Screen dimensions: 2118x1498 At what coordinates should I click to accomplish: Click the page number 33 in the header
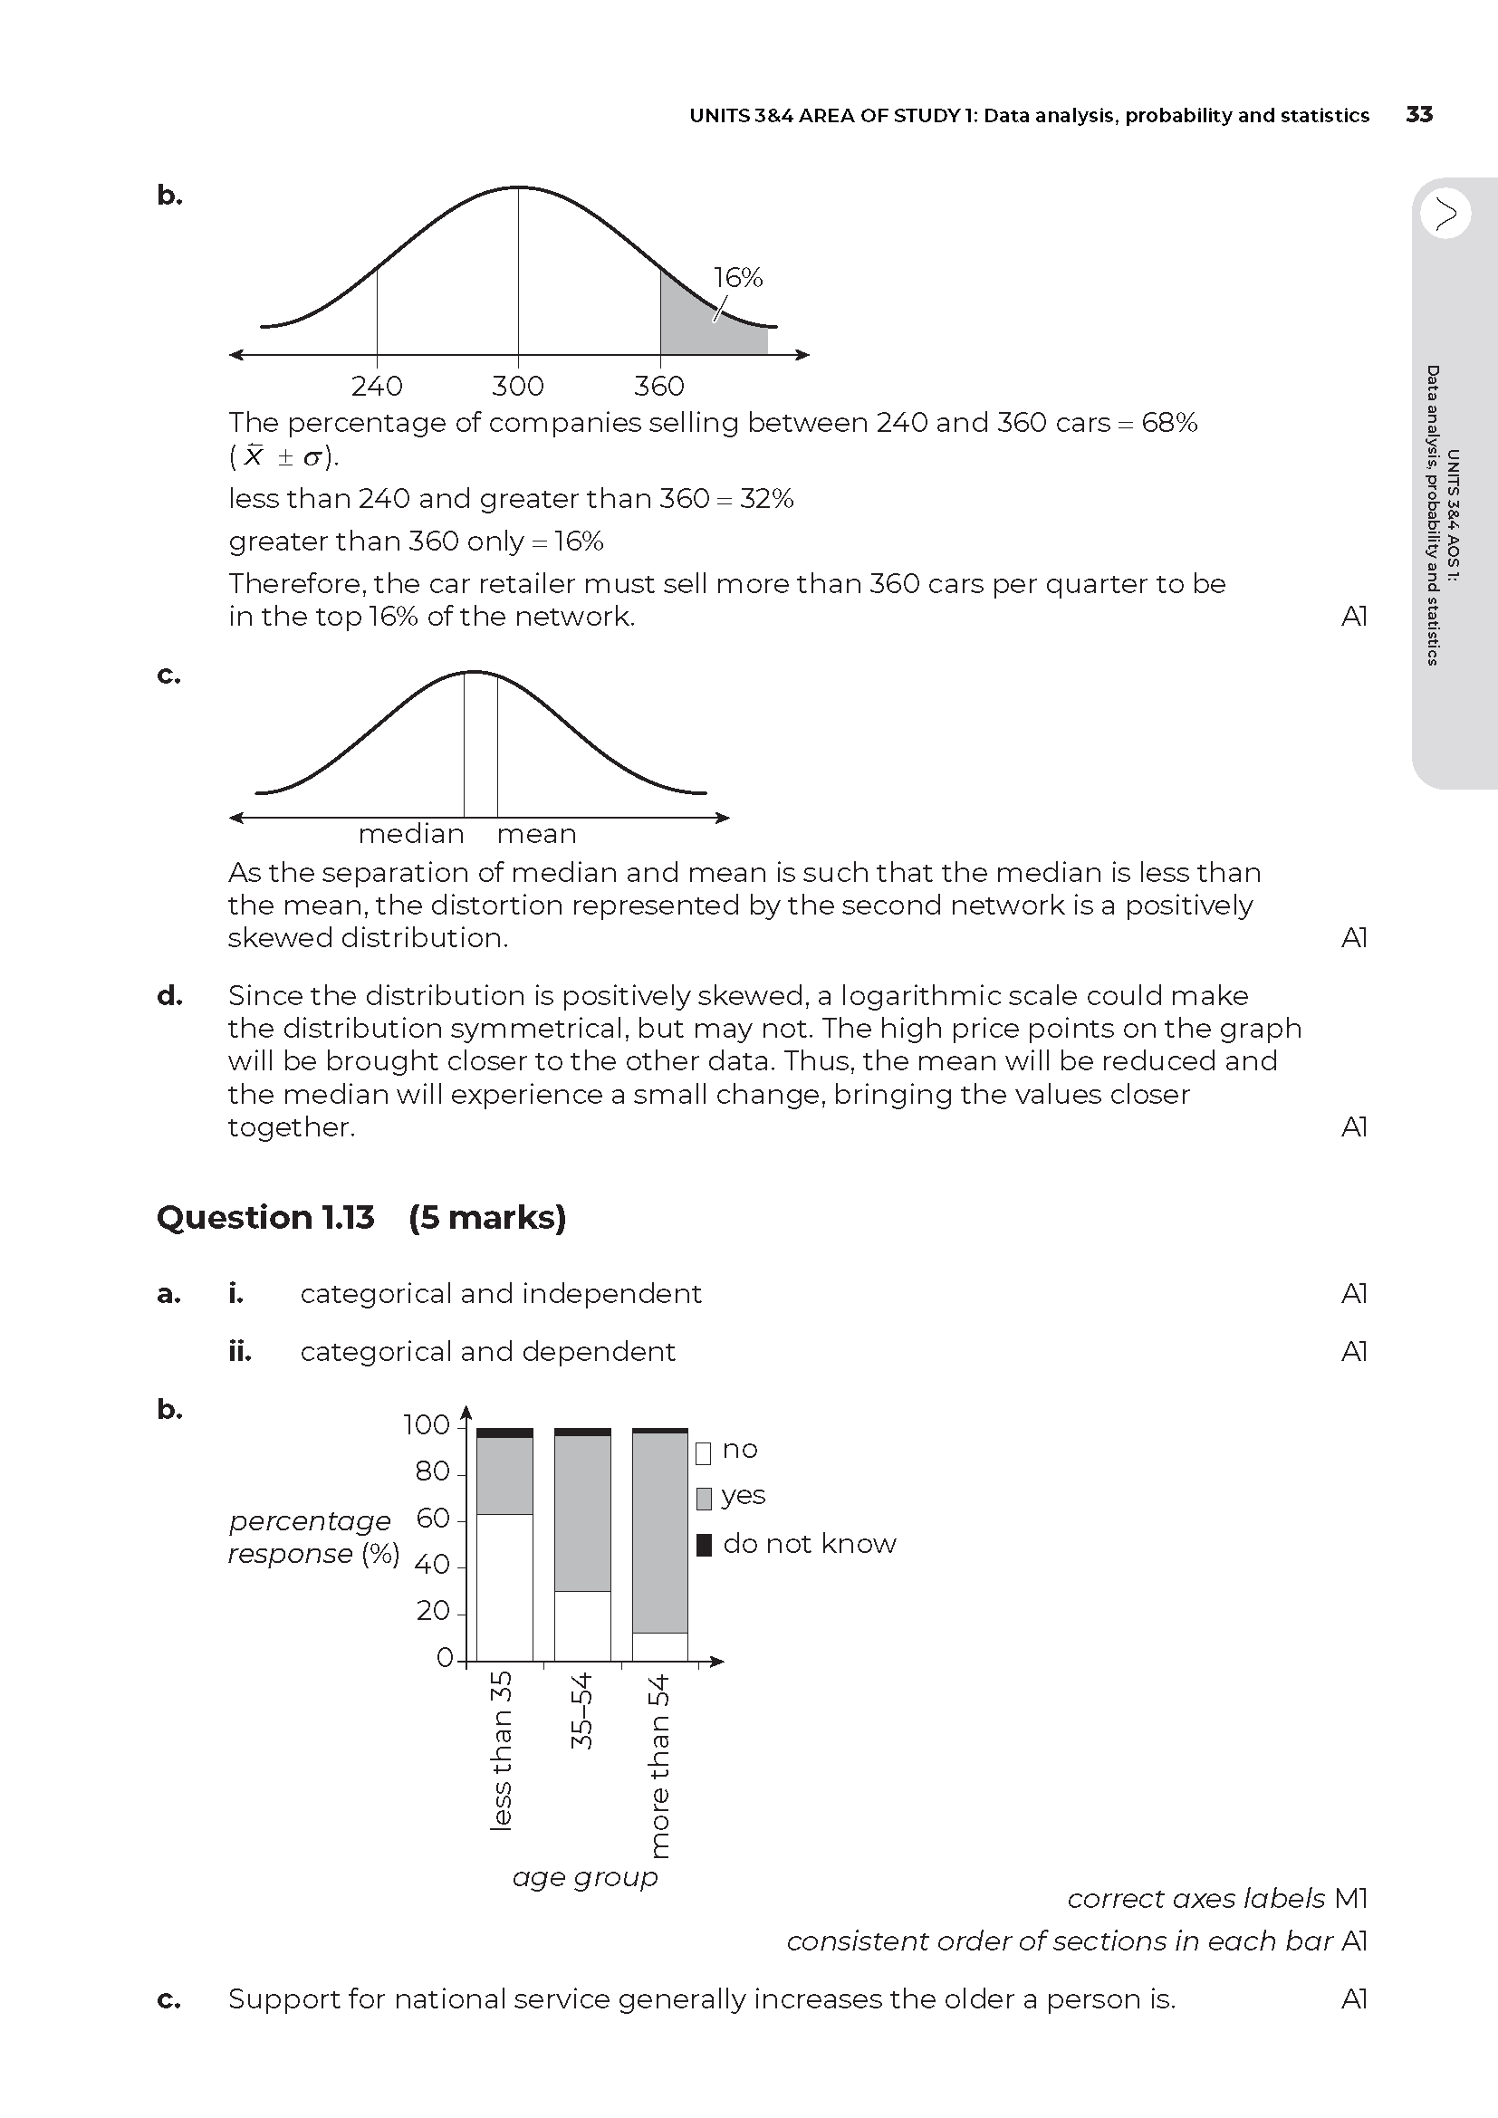click(1418, 114)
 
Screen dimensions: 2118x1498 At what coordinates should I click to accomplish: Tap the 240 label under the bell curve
click(377, 386)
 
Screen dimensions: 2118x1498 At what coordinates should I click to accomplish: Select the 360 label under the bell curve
click(658, 386)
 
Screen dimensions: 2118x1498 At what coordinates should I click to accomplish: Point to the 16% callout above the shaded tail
click(738, 278)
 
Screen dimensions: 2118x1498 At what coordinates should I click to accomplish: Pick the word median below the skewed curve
click(410, 834)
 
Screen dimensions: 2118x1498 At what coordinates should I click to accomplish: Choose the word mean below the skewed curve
click(536, 834)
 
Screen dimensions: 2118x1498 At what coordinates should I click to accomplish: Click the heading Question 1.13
click(265, 1218)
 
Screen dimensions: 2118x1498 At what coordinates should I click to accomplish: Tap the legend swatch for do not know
click(704, 1544)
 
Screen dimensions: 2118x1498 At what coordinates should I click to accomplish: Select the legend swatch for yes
click(704, 1498)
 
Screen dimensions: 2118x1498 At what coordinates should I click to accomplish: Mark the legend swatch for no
click(704, 1452)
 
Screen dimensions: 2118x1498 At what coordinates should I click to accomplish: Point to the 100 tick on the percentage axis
click(427, 1425)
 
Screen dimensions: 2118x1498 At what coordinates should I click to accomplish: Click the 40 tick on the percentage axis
click(433, 1565)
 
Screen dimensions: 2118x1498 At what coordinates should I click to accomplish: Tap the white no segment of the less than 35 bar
click(504, 1586)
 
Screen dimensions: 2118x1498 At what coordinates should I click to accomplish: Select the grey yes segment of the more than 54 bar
click(659, 1531)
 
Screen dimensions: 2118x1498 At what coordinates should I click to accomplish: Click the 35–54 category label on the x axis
click(582, 1711)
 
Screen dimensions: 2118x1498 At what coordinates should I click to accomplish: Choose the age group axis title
click(585, 1876)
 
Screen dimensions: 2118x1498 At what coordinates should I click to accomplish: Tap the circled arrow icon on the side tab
click(1445, 214)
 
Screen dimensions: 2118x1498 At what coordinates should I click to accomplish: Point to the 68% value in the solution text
click(1168, 423)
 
